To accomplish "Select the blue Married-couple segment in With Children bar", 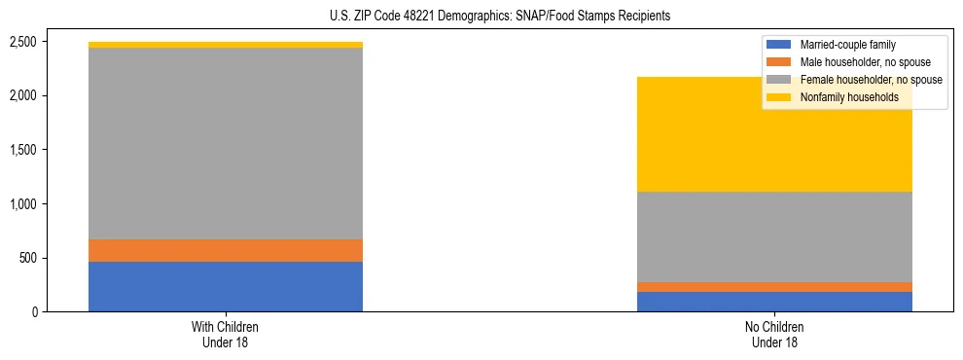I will [x=226, y=286].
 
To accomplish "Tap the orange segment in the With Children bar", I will [x=226, y=250].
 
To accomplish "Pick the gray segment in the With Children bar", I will [x=226, y=143].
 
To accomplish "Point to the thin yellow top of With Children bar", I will [x=226, y=45].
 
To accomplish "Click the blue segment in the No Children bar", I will [x=775, y=302].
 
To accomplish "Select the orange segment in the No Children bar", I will [x=775, y=287].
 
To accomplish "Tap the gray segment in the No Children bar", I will [x=775, y=236].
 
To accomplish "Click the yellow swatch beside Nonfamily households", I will [x=779, y=97].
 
